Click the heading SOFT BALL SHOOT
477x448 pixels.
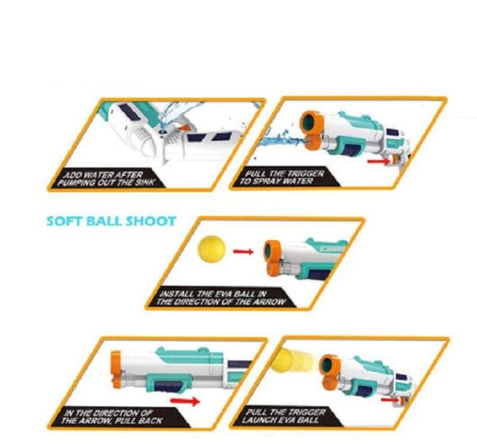tap(111, 221)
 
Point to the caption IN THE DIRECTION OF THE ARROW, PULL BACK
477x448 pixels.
tap(111, 417)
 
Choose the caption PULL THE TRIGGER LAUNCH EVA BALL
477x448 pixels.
tap(284, 416)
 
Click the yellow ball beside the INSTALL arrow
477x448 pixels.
tap(212, 248)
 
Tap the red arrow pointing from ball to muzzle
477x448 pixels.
tap(243, 251)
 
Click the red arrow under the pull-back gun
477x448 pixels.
tap(185, 401)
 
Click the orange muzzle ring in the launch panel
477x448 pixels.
tap(329, 365)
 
